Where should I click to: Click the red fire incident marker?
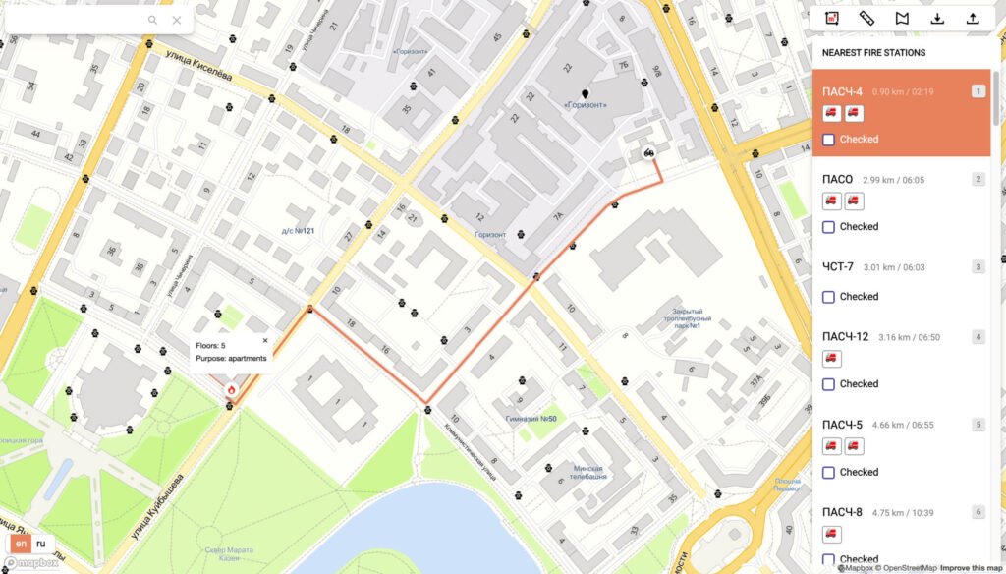231,389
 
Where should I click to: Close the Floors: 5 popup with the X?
265,340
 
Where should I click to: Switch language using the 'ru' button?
40,544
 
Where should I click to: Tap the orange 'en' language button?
20,544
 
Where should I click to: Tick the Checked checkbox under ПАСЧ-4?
828,140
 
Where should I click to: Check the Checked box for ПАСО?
828,227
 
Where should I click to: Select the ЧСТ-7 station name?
838,266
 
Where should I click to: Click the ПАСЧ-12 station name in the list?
845,337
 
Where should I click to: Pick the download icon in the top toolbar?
937,18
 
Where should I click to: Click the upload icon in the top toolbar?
973,18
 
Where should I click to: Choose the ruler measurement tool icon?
866,18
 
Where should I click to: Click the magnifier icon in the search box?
153,20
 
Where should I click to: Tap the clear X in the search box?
177,20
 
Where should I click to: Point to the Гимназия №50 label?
531,419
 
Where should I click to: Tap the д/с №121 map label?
297,231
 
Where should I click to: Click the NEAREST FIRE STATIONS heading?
873,53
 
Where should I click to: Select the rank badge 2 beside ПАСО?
978,179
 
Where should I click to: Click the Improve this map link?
971,568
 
